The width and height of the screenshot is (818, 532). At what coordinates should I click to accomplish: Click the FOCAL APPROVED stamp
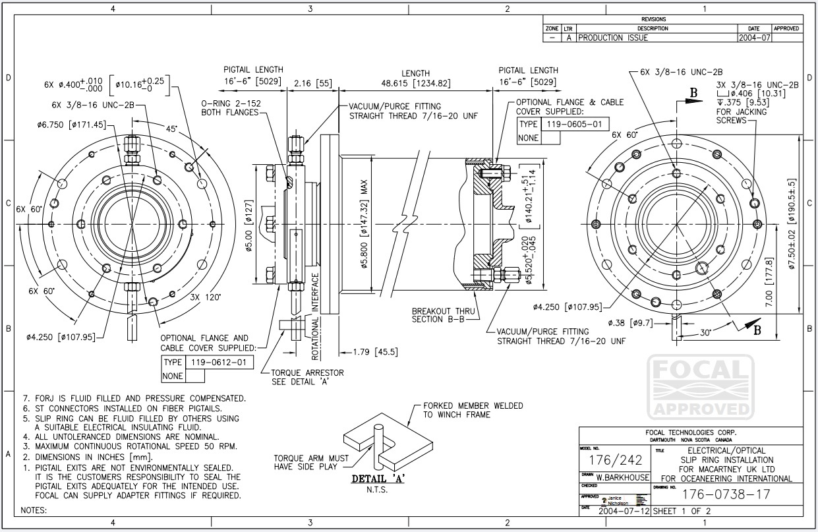[x=700, y=387]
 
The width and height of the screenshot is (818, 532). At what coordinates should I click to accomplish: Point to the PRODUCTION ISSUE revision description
[x=613, y=38]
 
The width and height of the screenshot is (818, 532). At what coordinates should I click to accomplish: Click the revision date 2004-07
[x=754, y=38]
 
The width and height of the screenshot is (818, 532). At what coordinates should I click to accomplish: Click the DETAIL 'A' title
[x=378, y=479]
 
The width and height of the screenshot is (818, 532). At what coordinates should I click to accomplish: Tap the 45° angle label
[x=171, y=130]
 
